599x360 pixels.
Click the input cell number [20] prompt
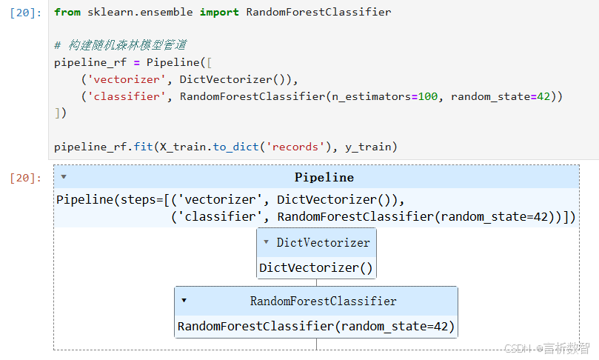(x=27, y=13)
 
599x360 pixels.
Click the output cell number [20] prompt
(x=27, y=178)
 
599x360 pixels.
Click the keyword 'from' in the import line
(x=67, y=13)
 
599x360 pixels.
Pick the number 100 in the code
(x=428, y=97)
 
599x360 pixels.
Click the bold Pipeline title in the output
(x=324, y=178)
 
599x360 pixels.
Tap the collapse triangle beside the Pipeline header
(x=64, y=177)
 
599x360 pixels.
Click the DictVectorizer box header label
(x=323, y=243)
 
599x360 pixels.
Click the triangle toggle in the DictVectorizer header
(x=266, y=242)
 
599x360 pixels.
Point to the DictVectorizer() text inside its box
(x=316, y=268)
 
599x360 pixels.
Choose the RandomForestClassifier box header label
(x=323, y=301)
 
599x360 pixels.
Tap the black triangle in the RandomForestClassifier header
(x=184, y=301)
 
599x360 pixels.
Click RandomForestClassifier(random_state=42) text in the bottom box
(x=316, y=327)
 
